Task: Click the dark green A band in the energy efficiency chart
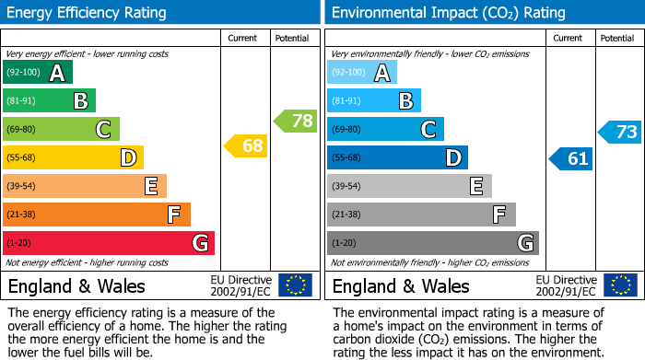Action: [37, 73]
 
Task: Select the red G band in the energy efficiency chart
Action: [108, 243]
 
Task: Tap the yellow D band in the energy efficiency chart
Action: [72, 158]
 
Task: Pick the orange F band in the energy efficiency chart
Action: [96, 215]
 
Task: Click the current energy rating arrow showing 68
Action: [246, 145]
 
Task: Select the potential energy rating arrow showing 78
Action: [296, 121]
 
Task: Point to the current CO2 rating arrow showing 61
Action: [570, 158]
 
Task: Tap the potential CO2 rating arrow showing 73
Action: [620, 132]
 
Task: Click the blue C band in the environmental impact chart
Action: [384, 129]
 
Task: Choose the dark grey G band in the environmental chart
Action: [432, 243]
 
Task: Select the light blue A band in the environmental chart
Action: [361, 73]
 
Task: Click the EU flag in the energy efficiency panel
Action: [295, 285]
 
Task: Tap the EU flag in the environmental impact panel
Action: [619, 285]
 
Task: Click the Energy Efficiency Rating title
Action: [87, 13]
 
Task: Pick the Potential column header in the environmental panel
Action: [616, 38]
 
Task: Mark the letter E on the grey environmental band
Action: [475, 187]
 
